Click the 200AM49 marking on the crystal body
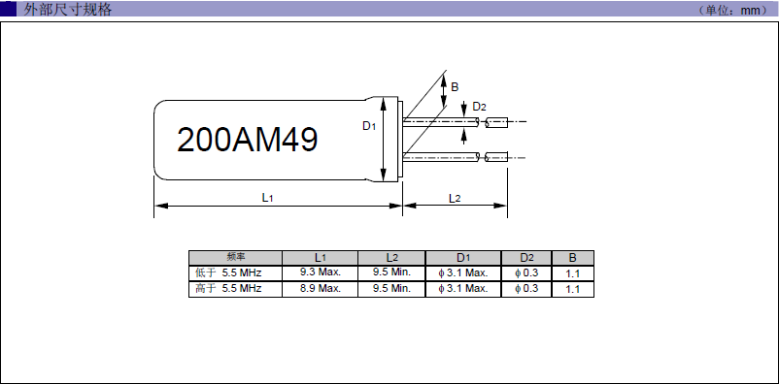pyautogui.click(x=247, y=140)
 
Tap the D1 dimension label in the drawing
pyautogui.click(x=369, y=126)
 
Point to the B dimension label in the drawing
pyautogui.click(x=456, y=86)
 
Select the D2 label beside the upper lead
pyautogui.click(x=479, y=106)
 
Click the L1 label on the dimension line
pyautogui.click(x=267, y=197)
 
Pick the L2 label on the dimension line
pyautogui.click(x=455, y=197)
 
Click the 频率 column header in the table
pyautogui.click(x=235, y=258)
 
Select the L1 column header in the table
pyautogui.click(x=320, y=258)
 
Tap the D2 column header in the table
pyautogui.click(x=526, y=258)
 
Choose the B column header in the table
pyautogui.click(x=572, y=258)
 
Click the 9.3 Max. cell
pyautogui.click(x=320, y=273)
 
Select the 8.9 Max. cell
pyautogui.click(x=320, y=289)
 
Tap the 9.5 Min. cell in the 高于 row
pyautogui.click(x=391, y=289)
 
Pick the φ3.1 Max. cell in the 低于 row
pyautogui.click(x=462, y=273)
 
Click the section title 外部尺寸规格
pyautogui.click(x=68, y=10)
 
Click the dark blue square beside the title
pyautogui.click(x=8, y=10)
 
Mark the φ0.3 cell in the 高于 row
pyautogui.click(x=526, y=289)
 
